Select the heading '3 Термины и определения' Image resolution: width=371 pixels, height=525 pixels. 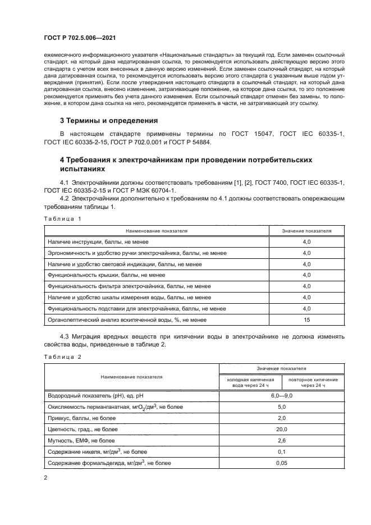108,120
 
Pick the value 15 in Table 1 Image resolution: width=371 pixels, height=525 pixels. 306,319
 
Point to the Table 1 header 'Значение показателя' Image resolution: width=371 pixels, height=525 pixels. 306,230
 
